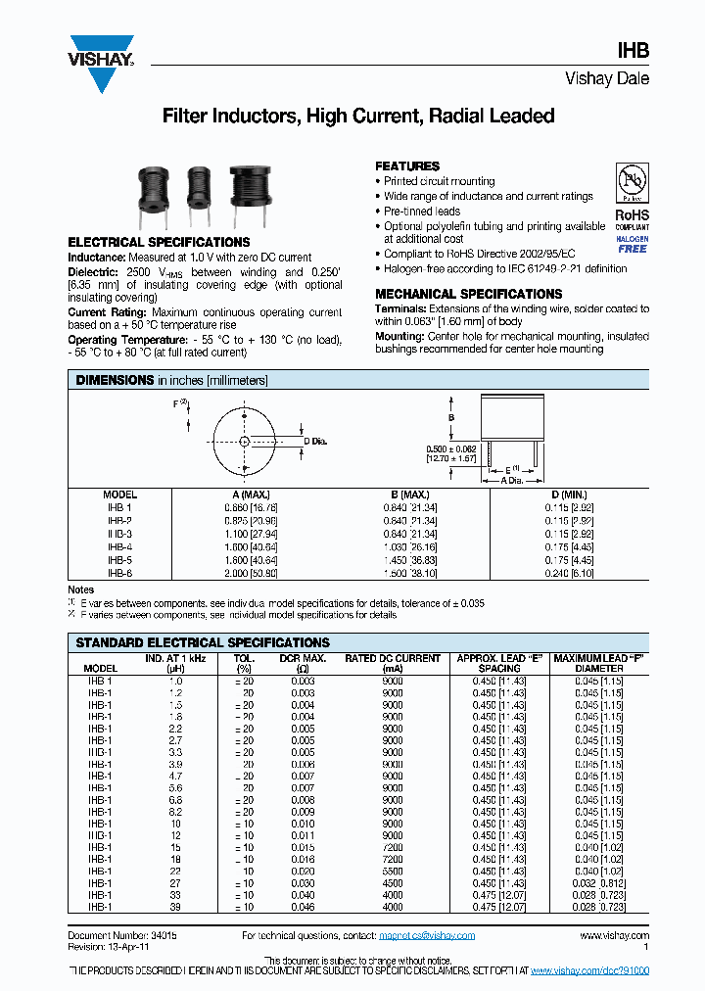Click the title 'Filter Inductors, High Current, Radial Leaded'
[357, 117]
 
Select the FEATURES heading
[407, 166]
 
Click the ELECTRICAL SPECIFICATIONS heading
[159, 242]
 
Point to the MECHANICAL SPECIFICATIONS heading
[468, 294]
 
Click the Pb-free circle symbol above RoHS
[632, 183]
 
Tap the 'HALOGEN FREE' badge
[632, 244]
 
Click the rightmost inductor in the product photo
[239, 189]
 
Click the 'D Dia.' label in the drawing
[317, 442]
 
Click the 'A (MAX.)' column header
[250, 495]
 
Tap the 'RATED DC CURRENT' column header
[393, 659]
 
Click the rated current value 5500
[393, 871]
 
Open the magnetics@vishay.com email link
[427, 935]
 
